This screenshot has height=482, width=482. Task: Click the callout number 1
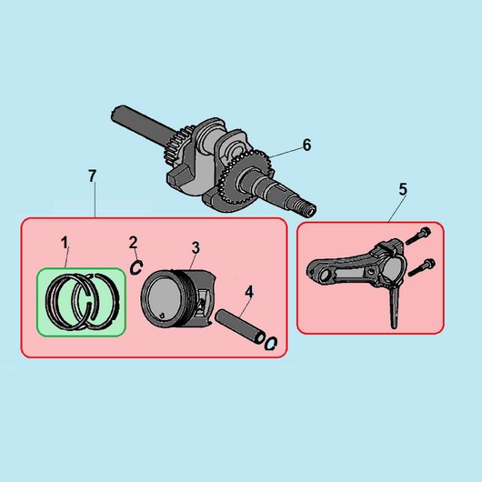click(x=65, y=243)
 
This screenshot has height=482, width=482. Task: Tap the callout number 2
click(x=133, y=243)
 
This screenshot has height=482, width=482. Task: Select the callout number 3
click(x=196, y=247)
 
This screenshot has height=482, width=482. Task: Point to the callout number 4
click(x=249, y=292)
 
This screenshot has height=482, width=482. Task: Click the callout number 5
click(x=403, y=189)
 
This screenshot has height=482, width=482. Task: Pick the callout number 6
click(x=306, y=145)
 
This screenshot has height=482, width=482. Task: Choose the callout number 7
click(x=92, y=176)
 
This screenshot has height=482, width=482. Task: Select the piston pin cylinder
click(x=240, y=326)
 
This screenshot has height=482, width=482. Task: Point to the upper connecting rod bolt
click(x=418, y=236)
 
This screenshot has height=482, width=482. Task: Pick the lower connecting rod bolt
click(x=422, y=267)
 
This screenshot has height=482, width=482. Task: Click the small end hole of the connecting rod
click(x=324, y=276)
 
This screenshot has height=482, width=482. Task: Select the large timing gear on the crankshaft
click(x=245, y=178)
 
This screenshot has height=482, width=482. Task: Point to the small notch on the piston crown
click(x=162, y=316)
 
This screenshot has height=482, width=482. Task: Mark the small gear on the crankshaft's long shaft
click(x=177, y=145)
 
